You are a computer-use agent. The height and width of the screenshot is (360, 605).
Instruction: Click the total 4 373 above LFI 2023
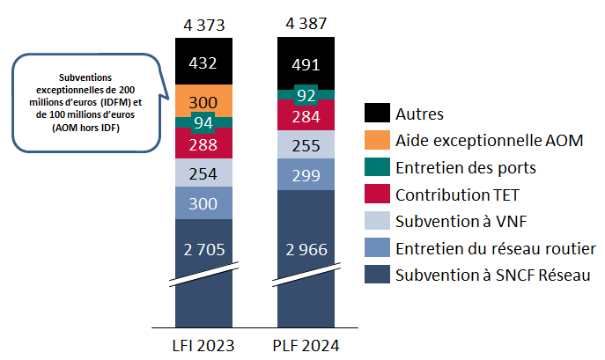[204, 24]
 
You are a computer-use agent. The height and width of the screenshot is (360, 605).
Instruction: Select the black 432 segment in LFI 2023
[204, 62]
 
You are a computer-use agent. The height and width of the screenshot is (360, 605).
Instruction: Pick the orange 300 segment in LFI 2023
[204, 101]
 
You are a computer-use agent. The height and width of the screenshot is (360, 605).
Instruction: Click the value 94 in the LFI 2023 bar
[204, 122]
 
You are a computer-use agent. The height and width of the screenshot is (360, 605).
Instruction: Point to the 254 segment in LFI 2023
[204, 173]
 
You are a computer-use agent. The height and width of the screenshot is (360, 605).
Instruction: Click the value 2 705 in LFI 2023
[204, 249]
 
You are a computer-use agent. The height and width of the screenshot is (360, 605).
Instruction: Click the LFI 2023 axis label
[204, 344]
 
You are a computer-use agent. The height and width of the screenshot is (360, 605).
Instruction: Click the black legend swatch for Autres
[376, 113]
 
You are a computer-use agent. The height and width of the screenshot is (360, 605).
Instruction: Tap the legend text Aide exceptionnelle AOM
[490, 140]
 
